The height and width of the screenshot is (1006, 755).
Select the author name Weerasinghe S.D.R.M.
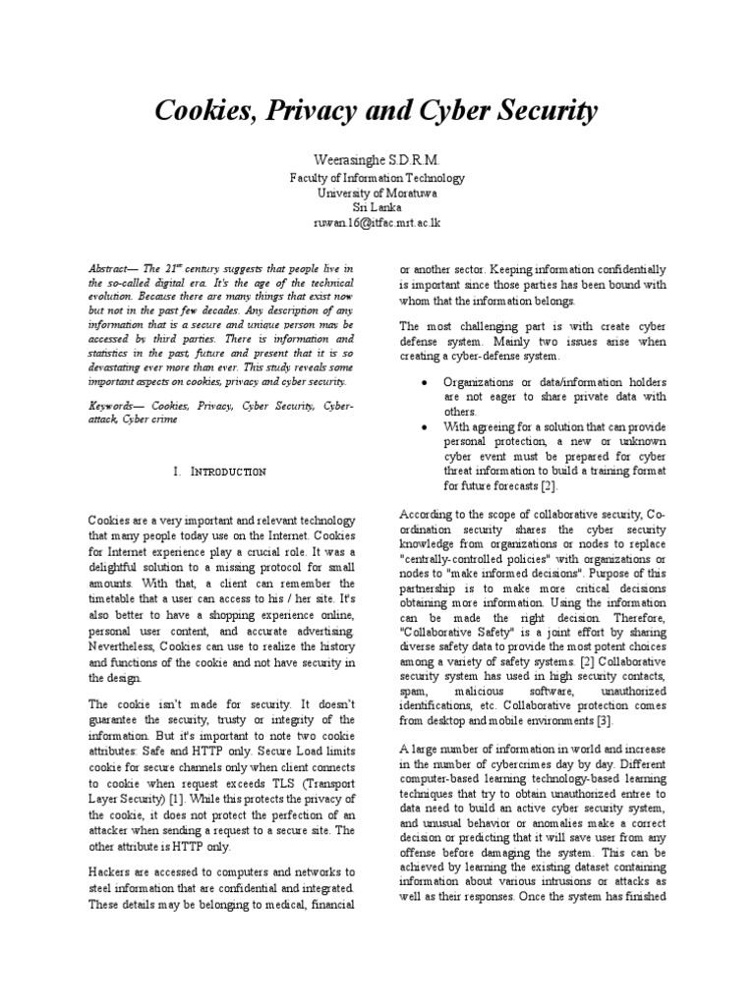click(x=377, y=159)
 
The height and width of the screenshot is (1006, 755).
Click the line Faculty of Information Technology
click(x=377, y=179)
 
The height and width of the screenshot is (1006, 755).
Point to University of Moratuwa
click(x=377, y=194)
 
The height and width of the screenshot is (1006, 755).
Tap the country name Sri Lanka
click(x=377, y=208)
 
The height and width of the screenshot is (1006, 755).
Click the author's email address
click(x=377, y=223)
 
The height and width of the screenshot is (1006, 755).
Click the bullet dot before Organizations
click(x=423, y=382)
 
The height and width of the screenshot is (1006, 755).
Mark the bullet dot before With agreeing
click(x=423, y=427)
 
